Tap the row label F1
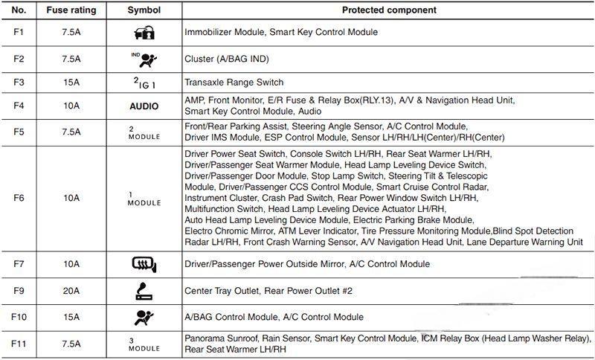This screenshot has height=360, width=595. pos(21,32)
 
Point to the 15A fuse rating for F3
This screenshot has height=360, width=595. pos(71,82)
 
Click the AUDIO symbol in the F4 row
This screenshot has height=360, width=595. pos(144,106)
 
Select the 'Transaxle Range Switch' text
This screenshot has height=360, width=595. pos(234,82)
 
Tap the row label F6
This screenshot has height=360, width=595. pos(21,199)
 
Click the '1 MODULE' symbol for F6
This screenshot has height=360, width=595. pos(144,199)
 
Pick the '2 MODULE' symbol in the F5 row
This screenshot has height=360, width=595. pos(144,132)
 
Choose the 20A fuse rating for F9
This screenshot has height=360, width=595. pos(71,290)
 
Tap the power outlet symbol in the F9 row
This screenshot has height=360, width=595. pos(144,290)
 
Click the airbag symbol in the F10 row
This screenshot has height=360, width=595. pos(144,317)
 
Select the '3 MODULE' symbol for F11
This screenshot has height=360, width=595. pos(144,343)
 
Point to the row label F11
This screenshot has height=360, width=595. pos(21,343)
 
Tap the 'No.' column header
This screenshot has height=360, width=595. pos(21,10)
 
